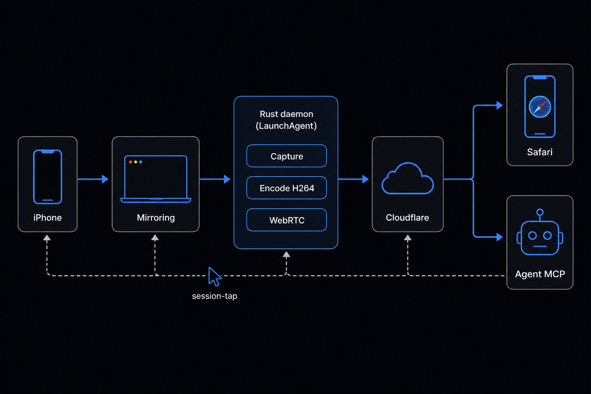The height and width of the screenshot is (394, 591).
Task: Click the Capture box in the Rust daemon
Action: (287, 156)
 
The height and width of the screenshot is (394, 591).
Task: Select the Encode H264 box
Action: (287, 188)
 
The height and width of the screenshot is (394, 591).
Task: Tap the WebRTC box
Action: (287, 220)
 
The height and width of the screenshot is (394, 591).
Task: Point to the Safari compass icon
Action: (540, 107)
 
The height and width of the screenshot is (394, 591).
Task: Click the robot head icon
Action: (540, 232)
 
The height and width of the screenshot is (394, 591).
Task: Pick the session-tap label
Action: (214, 296)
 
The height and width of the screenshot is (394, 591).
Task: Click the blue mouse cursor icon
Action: (214, 277)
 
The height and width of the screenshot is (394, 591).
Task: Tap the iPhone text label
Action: (47, 218)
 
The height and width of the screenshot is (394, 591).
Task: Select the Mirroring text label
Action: (156, 218)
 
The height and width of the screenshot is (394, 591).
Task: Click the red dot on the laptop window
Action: (130, 162)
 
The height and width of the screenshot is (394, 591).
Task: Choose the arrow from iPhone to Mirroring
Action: (93, 179)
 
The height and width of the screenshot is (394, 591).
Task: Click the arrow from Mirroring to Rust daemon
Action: (215, 179)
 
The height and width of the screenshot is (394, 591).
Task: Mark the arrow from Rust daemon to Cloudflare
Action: (353, 179)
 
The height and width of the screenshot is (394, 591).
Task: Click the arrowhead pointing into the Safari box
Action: (499, 105)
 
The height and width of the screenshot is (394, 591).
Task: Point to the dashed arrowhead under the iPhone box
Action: (47, 238)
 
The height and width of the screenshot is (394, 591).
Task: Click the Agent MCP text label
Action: (540, 274)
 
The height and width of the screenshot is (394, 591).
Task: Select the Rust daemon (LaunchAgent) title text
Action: (286, 120)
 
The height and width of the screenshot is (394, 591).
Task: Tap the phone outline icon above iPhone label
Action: (47, 177)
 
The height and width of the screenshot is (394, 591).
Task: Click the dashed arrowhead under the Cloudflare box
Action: (407, 238)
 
